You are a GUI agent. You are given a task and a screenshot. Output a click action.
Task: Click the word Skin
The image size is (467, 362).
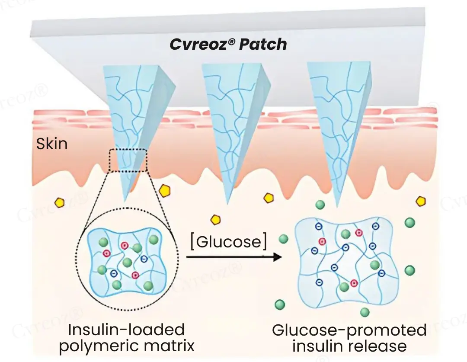[x=52, y=144]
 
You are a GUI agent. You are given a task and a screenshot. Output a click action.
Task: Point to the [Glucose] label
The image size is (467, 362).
[x=228, y=241]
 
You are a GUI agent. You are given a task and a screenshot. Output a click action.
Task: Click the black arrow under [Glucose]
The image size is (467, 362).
[x=233, y=257]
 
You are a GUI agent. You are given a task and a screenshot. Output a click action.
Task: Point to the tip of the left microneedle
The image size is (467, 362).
[x=124, y=200]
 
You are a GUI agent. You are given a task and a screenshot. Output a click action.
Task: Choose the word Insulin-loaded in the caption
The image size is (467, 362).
[x=126, y=330]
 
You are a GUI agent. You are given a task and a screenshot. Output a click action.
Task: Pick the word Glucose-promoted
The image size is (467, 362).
[x=349, y=330]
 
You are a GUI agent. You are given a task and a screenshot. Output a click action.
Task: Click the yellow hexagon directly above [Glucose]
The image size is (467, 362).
[x=215, y=220]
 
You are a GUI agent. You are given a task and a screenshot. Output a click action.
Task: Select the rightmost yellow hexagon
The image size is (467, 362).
[x=420, y=201]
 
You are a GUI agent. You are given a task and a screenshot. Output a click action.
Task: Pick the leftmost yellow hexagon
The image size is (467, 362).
[x=59, y=202]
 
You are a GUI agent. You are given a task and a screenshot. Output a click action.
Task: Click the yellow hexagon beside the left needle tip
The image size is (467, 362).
[x=164, y=190]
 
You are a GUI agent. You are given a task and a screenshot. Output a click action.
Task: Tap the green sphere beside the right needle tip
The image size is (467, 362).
[x=320, y=205]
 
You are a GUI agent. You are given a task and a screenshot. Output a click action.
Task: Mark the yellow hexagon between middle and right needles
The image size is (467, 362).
[x=269, y=198]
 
